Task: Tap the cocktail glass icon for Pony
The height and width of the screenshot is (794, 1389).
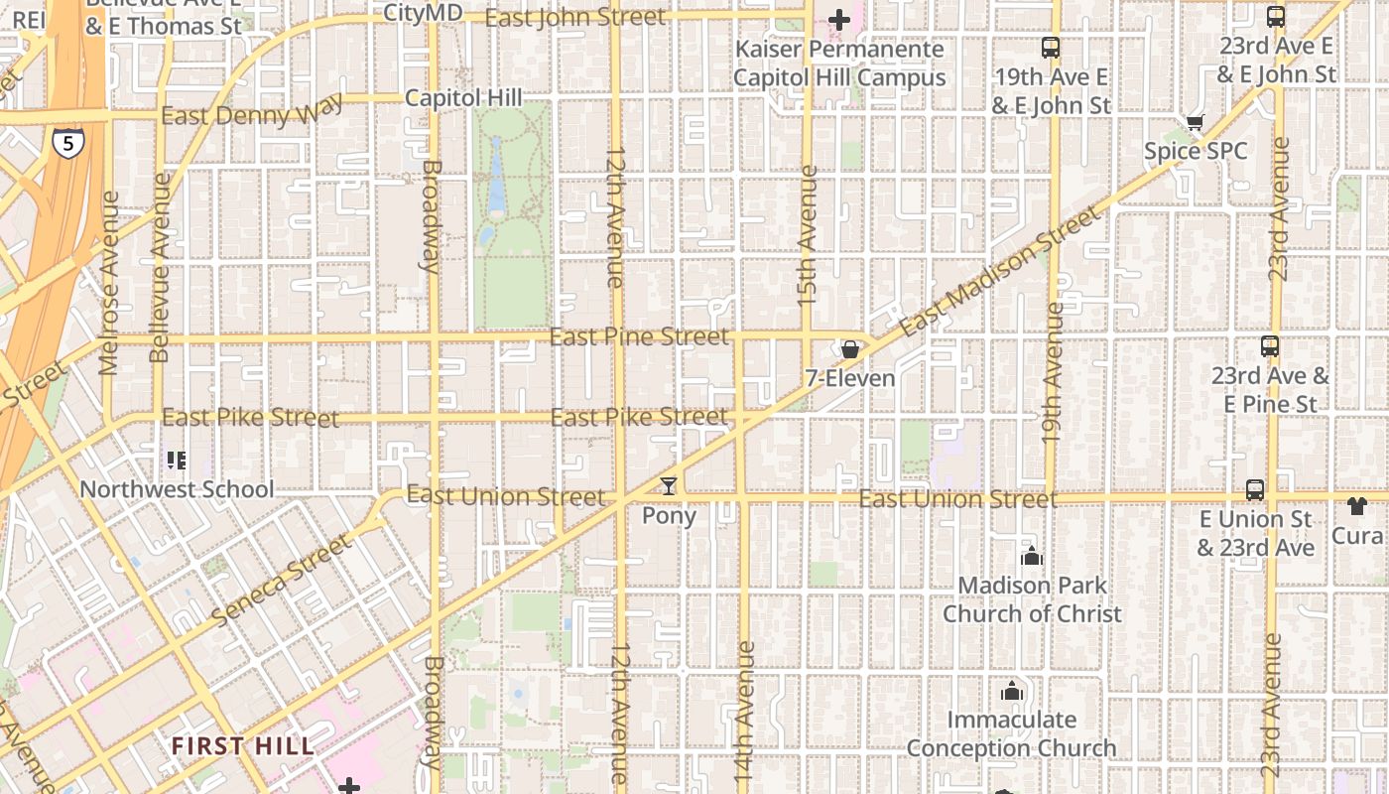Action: tap(669, 486)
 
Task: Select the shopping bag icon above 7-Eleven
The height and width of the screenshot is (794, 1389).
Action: tap(849, 349)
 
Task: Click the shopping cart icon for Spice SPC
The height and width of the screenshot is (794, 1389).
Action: tap(1195, 123)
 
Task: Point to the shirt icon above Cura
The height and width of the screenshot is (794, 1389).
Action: tap(1357, 506)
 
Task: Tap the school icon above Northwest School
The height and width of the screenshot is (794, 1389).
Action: tap(177, 460)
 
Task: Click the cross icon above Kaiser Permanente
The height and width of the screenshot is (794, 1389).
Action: tap(839, 19)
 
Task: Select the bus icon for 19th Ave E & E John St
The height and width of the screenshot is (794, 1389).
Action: tap(1050, 48)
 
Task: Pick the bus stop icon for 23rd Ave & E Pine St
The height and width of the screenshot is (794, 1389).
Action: tap(1269, 346)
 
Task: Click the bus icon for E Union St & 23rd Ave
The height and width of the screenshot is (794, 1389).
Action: tap(1254, 489)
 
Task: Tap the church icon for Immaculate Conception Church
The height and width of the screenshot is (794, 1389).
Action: tap(1012, 691)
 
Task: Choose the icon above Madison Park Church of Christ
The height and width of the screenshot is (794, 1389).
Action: tap(1032, 556)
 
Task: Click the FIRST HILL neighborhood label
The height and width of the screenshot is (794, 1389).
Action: tap(242, 745)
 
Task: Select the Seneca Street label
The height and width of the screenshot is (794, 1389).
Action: tap(282, 580)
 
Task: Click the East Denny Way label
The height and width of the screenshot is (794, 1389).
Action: tap(252, 111)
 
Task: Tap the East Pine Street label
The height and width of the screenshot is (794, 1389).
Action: tap(639, 337)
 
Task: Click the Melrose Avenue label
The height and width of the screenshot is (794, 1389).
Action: tap(109, 283)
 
